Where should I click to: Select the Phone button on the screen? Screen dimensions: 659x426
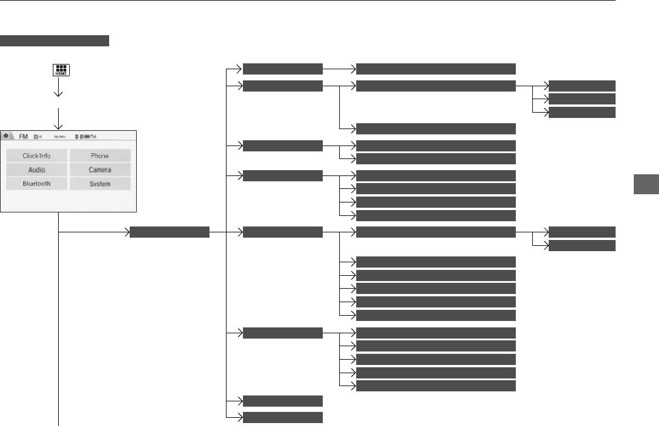pos(100,156)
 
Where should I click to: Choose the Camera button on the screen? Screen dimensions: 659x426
pos(100,170)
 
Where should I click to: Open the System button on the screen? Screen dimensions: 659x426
pos(100,184)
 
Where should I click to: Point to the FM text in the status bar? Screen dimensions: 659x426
pos(24,136)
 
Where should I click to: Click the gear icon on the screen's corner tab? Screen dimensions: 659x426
pos(6,135)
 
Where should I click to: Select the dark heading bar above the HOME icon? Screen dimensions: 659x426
pos(55,40)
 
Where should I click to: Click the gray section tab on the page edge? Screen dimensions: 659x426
pos(646,184)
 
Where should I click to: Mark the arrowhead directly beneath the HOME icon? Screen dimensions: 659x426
pos(59,93)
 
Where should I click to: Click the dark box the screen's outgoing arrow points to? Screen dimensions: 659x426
pos(169,232)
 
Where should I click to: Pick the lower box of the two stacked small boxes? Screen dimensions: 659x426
pos(582,245)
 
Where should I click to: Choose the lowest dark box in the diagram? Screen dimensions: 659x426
pos(282,418)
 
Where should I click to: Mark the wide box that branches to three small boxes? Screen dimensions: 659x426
pos(436,86)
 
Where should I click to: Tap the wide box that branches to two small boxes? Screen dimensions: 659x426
pos(436,232)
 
